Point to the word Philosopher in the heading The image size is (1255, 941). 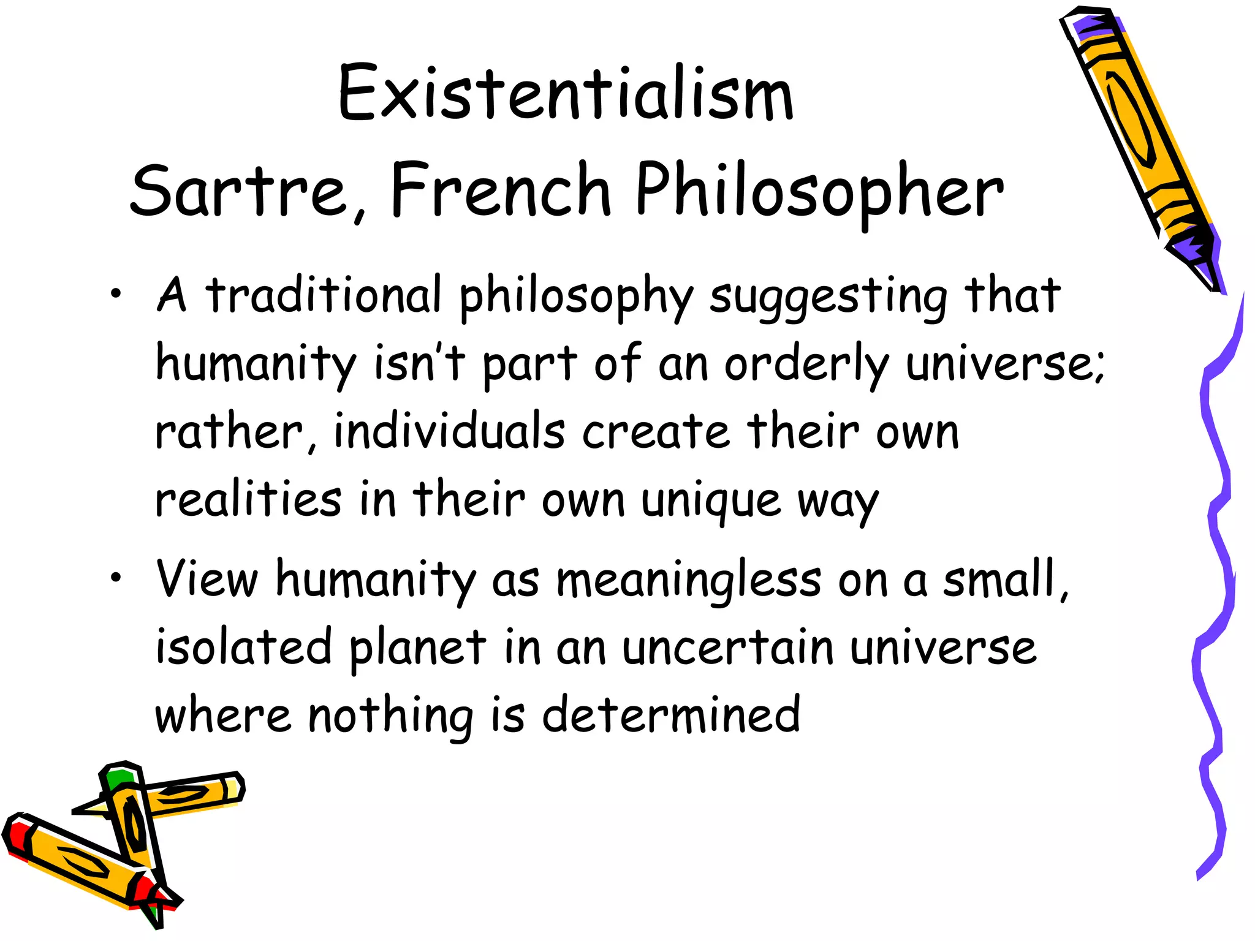point(819,191)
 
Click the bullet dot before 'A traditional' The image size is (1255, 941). point(115,296)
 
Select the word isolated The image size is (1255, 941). point(243,647)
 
